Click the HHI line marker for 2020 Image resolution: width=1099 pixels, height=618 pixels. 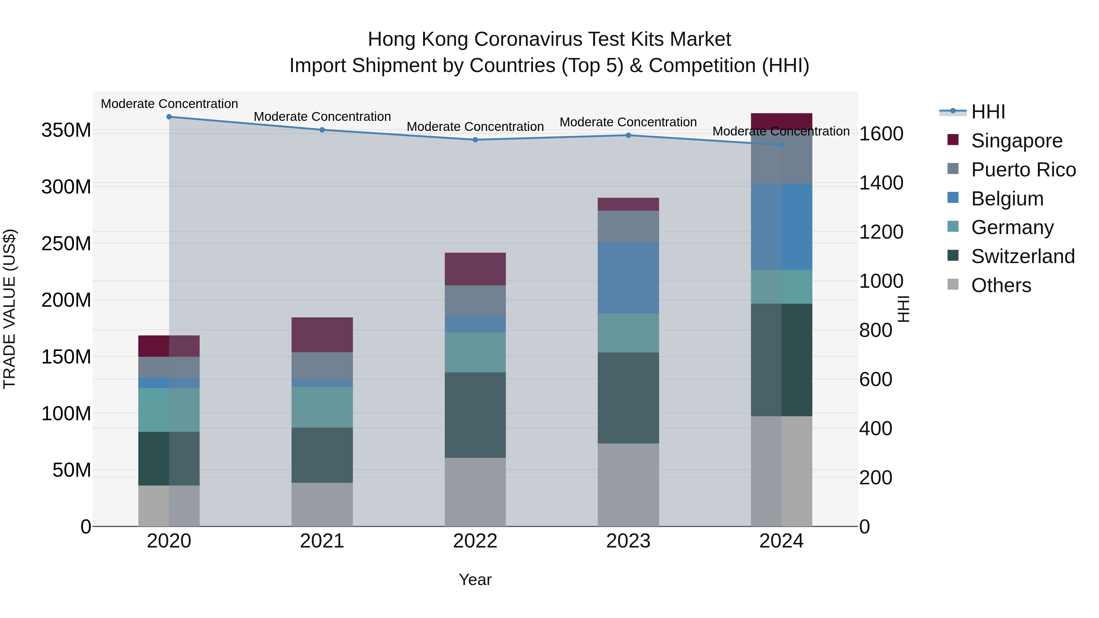click(169, 117)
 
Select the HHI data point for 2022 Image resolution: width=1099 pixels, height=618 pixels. click(475, 140)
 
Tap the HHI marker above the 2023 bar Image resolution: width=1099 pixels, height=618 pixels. click(629, 135)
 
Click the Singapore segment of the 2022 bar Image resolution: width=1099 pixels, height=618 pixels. click(475, 269)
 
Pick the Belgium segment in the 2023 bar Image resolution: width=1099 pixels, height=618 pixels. click(629, 278)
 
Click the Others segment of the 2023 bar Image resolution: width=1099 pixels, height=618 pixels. click(629, 485)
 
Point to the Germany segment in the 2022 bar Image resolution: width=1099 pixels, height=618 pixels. click(475, 352)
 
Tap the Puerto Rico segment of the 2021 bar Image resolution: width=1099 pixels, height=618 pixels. click(322, 366)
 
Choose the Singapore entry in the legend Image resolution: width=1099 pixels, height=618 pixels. click(1017, 141)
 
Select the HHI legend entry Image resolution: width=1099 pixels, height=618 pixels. click(988, 112)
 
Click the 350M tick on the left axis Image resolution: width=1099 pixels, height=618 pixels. click(66, 130)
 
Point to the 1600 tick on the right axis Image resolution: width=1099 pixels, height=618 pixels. click(881, 134)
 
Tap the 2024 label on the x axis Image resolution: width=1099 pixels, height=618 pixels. click(781, 541)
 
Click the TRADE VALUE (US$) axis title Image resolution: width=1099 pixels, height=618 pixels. click(9, 309)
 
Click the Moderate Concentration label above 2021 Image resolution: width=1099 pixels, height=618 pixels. click(322, 117)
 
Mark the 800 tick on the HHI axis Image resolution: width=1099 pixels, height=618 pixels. click(876, 331)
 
